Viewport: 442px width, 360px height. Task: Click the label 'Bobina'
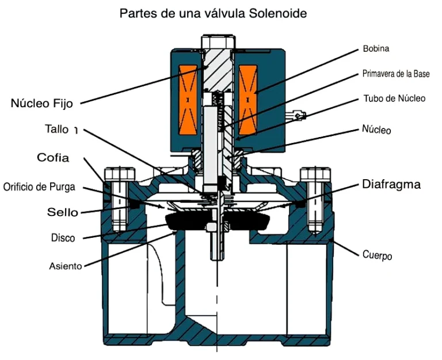(376, 48)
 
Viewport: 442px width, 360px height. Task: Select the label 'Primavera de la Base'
(396, 74)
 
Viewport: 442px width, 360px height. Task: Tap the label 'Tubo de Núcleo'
(394, 98)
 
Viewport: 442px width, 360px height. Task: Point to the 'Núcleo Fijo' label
(45, 104)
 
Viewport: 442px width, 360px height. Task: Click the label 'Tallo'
(57, 129)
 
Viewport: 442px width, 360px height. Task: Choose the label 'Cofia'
(53, 157)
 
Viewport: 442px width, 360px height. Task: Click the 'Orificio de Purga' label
(39, 187)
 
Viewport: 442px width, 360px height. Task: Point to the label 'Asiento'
(66, 266)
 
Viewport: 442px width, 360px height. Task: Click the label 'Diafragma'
(391, 185)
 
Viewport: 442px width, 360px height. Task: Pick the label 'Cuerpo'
(377, 254)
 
